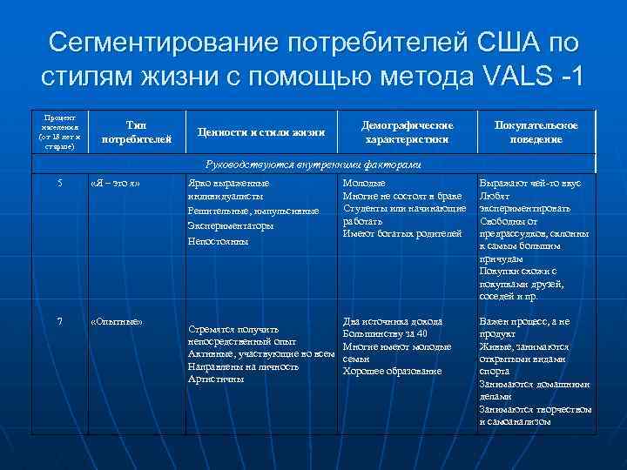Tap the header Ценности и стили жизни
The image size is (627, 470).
260,133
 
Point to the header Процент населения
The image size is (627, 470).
58,132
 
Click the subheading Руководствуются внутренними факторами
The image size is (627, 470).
313,165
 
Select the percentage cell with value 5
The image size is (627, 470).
60,183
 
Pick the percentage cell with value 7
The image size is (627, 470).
59,321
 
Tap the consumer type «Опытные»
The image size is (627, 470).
117,322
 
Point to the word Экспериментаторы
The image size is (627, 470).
231,225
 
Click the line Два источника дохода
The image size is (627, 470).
392,321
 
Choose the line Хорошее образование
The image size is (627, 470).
392,371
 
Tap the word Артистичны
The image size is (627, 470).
216,379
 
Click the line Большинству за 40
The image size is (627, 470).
385,333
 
